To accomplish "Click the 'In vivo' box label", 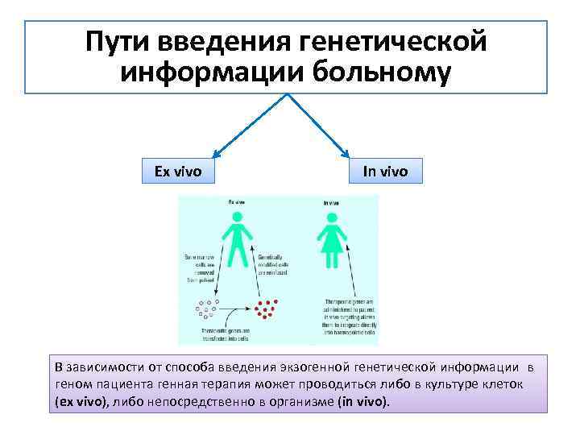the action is coord(385,171).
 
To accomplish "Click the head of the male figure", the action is coord(237,217).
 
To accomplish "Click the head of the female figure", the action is coord(330,217).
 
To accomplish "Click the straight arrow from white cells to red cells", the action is coord(237,309).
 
